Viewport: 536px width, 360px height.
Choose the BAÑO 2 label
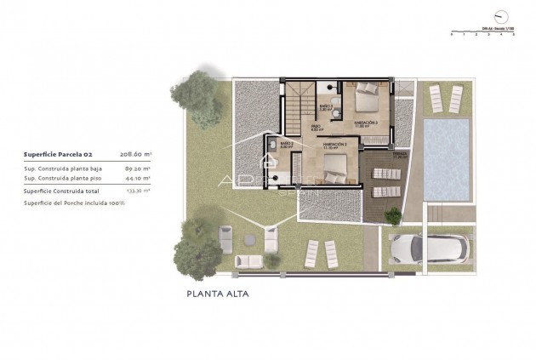(287, 146)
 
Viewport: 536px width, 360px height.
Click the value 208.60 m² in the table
(136, 155)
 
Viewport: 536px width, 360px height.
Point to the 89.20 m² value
(138, 169)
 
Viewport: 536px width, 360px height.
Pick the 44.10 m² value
(138, 179)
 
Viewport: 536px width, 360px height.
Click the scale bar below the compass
(483, 33)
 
